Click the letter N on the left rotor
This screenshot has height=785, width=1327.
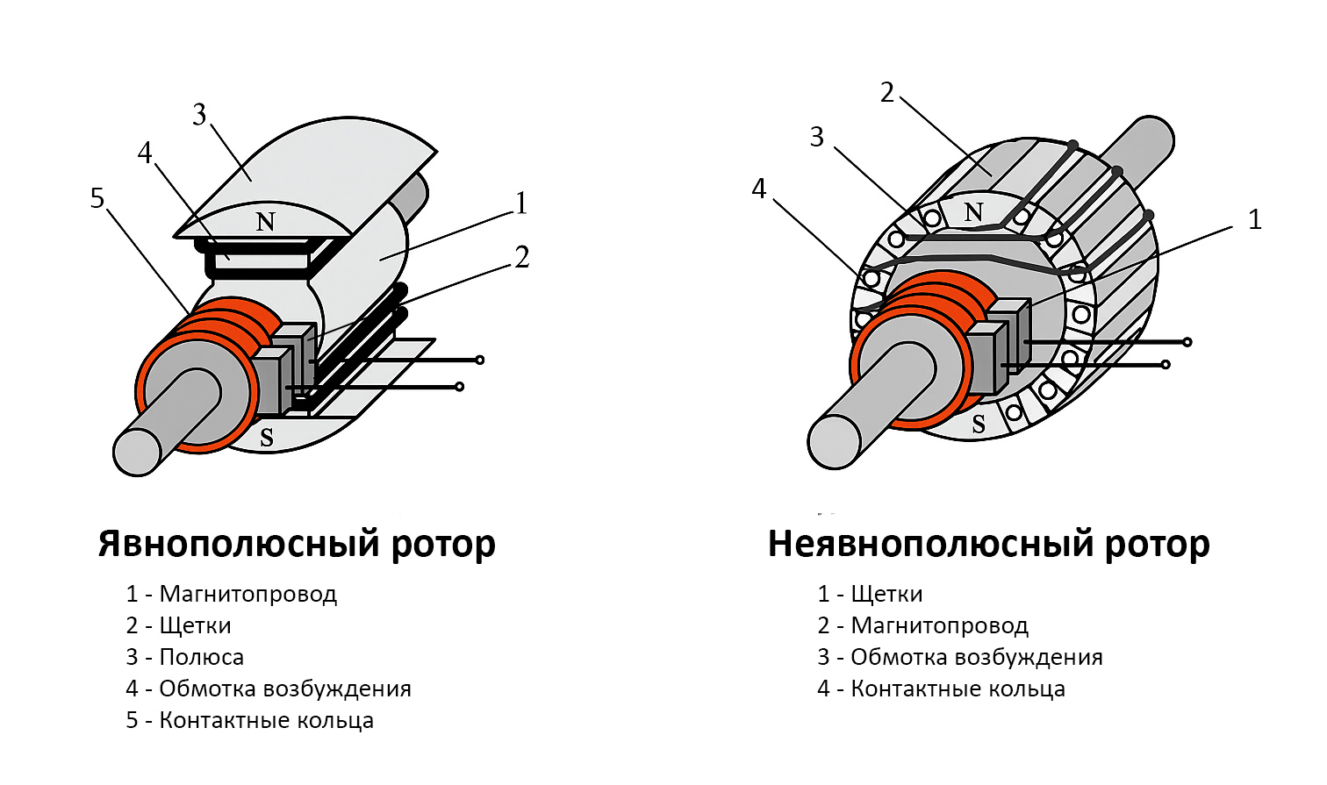click(x=265, y=222)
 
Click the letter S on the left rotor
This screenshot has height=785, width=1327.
click(x=266, y=437)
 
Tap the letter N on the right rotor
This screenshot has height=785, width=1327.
click(x=973, y=211)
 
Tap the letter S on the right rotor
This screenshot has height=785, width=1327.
click(x=978, y=425)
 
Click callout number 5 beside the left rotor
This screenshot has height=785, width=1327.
click(x=97, y=198)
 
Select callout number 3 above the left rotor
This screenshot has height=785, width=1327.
click(x=199, y=115)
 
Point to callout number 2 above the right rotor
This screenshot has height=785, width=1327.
click(x=887, y=92)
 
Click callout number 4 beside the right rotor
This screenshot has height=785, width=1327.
click(x=759, y=189)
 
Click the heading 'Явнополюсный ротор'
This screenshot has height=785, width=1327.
click(x=297, y=544)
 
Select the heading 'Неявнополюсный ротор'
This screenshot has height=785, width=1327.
click(x=988, y=544)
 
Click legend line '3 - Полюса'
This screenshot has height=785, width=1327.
click(x=185, y=657)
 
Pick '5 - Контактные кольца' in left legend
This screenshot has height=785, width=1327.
click(x=250, y=720)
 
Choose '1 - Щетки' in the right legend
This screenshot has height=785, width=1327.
click(x=870, y=594)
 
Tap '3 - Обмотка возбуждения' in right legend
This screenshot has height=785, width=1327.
click(x=959, y=657)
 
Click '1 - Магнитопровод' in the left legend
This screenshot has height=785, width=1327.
click(x=232, y=594)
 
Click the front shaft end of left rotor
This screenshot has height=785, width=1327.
click(x=138, y=452)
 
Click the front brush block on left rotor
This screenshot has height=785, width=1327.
click(x=274, y=381)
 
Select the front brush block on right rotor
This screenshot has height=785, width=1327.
click(x=987, y=358)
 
